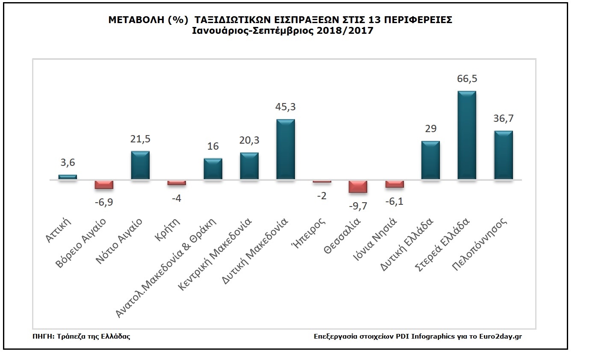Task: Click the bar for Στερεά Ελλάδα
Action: (467, 135)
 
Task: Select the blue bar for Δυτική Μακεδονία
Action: (286, 149)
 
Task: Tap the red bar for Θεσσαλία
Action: (358, 187)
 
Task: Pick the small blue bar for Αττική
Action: (68, 177)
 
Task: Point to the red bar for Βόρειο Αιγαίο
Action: (104, 185)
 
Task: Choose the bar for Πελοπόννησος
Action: (504, 155)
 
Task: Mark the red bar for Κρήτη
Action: (177, 183)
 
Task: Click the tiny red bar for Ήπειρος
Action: (322, 182)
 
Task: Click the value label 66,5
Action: (467, 79)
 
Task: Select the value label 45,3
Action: (286, 107)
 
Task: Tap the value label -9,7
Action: (358, 206)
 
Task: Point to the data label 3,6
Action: (68, 162)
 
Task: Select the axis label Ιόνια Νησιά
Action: (375, 239)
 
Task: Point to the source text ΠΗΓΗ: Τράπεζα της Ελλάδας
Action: (81, 336)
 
